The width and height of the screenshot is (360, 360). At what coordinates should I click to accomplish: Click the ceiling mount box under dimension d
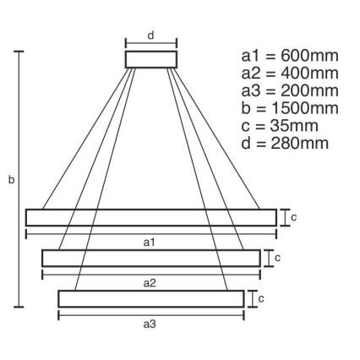click(x=150, y=59)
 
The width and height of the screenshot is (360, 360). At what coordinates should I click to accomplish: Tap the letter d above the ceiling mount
click(x=150, y=35)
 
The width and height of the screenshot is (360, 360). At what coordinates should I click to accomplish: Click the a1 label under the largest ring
click(x=150, y=243)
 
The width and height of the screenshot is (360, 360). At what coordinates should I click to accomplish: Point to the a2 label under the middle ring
click(x=150, y=283)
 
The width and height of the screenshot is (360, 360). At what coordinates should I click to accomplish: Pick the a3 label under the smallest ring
click(x=150, y=324)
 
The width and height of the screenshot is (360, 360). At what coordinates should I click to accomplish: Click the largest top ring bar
click(x=150, y=217)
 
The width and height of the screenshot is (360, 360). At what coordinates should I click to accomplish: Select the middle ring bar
click(x=150, y=258)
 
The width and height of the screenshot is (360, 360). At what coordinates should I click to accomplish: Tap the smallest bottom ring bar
click(x=150, y=298)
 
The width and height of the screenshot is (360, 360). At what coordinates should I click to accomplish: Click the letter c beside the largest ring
click(x=293, y=217)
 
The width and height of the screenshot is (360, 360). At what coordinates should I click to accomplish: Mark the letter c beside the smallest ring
click(x=261, y=298)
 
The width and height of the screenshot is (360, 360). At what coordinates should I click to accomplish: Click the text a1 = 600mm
click(x=290, y=55)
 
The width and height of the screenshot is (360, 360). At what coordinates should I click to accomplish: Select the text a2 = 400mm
click(x=290, y=73)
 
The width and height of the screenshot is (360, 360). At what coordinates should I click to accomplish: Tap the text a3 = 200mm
click(x=290, y=90)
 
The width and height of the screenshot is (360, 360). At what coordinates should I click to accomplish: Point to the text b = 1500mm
click(x=290, y=108)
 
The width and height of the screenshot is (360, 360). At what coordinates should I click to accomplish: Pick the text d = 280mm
click(x=286, y=144)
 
